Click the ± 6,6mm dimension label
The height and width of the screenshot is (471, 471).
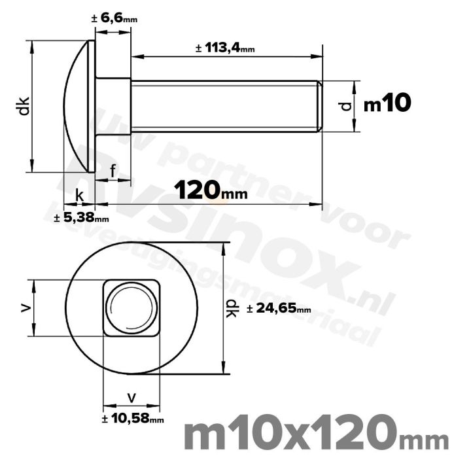pos(114,19)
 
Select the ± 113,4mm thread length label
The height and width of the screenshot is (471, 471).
pos(224,48)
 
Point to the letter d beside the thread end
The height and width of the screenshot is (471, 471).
pos(347,105)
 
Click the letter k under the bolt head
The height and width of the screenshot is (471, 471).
pos(79,195)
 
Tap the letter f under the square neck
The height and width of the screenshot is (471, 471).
pos(113,171)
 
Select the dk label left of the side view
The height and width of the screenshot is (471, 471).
pos(24,106)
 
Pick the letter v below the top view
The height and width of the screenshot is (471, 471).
pos(131,396)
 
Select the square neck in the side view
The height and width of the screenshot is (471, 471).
pos(113,106)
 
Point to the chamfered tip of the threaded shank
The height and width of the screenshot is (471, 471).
pos(320,106)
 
